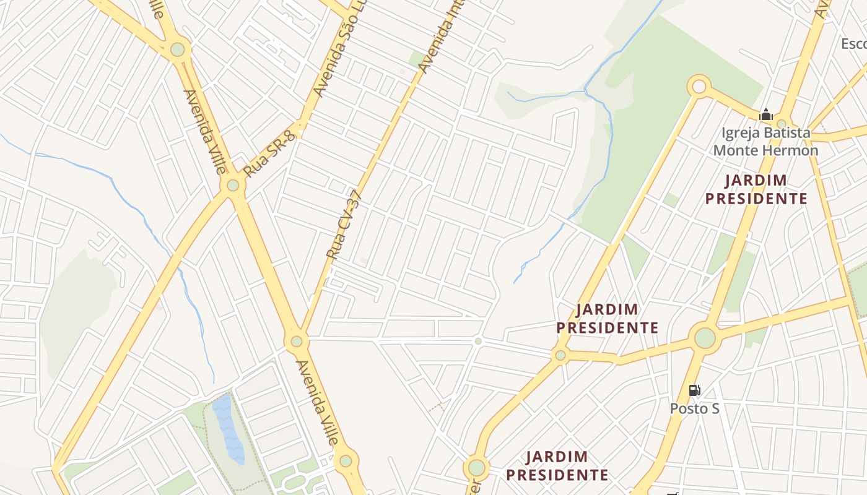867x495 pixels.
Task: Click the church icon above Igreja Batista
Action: coord(766,114)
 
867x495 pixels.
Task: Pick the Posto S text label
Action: coord(694,408)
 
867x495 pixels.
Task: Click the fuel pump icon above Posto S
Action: coord(694,390)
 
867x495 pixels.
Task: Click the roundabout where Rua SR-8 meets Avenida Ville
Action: coord(233,184)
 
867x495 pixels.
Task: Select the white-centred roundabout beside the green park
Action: coord(699,87)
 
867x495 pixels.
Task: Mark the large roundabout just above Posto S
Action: coord(705,338)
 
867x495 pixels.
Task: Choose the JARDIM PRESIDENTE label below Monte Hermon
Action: coord(756,189)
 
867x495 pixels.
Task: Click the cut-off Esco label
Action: coord(853,44)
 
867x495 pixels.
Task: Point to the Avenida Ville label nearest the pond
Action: coord(318,402)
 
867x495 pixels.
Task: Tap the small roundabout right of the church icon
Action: coord(782,123)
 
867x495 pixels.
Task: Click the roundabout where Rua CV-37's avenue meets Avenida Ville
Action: coord(297,341)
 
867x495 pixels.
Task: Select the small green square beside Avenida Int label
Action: coord(416,59)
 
